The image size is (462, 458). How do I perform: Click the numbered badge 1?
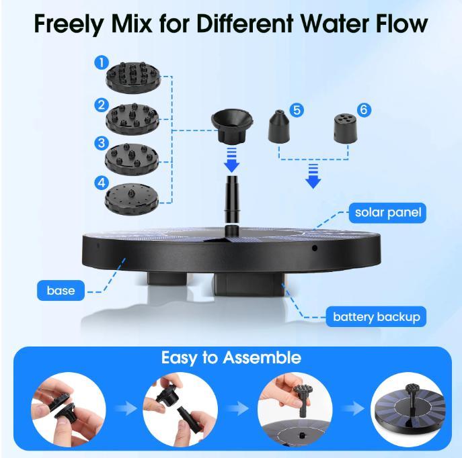click(102, 62)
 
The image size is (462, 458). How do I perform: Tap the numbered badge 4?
click(102, 183)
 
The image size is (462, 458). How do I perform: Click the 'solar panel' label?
click(388, 214)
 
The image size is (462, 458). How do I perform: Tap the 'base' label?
click(61, 291)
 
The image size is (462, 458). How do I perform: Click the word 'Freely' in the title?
click(73, 24)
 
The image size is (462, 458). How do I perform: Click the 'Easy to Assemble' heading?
click(231, 357)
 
